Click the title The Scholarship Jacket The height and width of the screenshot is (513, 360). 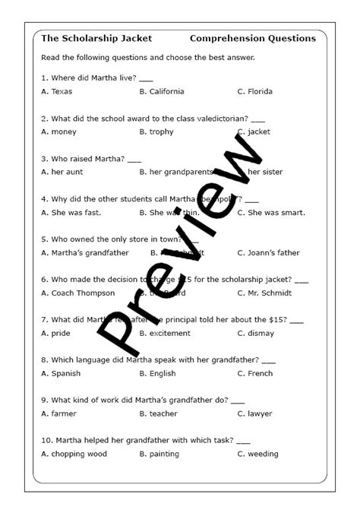coord(96,38)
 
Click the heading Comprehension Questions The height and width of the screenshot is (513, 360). coord(253,38)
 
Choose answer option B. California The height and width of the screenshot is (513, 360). coord(162,92)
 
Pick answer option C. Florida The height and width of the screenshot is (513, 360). coord(254,92)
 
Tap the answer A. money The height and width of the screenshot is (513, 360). coord(58,132)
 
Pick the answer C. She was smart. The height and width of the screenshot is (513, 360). coord(271,213)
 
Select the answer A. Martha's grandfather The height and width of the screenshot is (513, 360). coord(85,253)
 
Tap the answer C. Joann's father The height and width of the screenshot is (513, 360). coord(268,253)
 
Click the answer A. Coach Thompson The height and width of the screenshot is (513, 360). coord(77,293)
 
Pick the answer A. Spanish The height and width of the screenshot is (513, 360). coord(61,374)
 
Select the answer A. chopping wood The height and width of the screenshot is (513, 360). coord(74,454)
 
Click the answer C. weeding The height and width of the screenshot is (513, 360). coord(257,454)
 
